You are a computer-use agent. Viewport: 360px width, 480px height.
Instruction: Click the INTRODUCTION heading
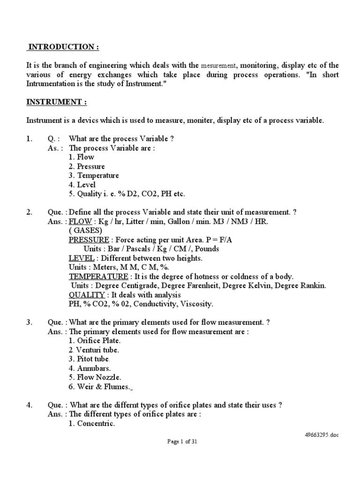[x=63, y=47]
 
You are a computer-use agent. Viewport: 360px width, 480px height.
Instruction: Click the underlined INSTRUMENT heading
[x=56, y=102]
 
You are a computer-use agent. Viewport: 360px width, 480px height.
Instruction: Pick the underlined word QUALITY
[x=87, y=295]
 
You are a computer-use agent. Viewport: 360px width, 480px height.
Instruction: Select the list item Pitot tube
[x=90, y=359]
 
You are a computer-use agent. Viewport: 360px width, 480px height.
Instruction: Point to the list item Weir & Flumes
[x=99, y=386]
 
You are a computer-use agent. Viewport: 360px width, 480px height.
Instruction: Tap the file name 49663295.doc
[x=321, y=435]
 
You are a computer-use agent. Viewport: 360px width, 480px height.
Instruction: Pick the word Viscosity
[x=196, y=304]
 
